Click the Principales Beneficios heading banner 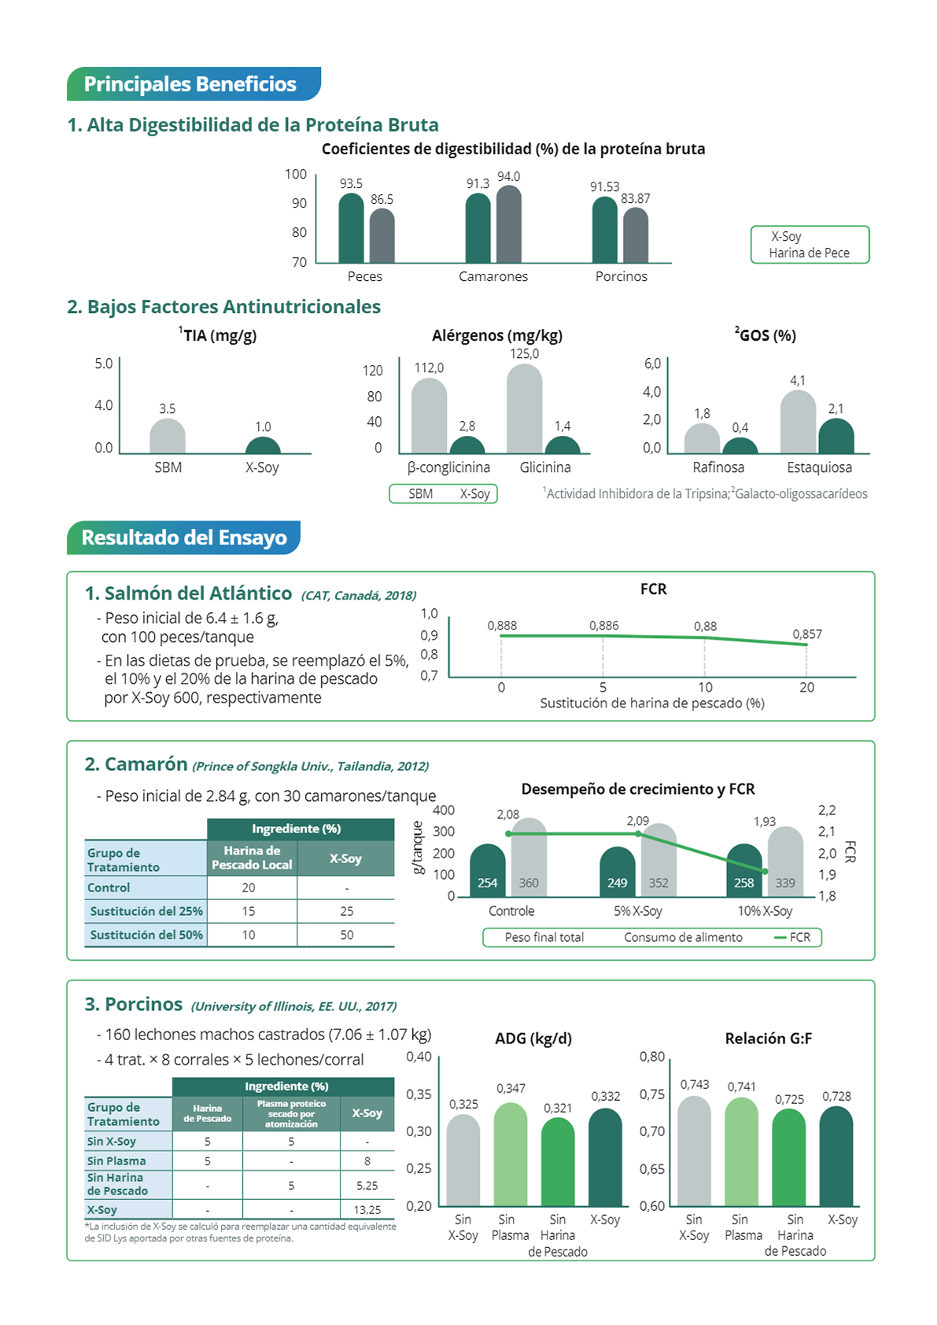[194, 83]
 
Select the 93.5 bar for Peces [351, 227]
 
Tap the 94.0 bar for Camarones [509, 223]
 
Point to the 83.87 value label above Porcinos [636, 199]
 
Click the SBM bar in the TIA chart [168, 436]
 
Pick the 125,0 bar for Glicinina [524, 408]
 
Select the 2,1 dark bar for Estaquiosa [836, 436]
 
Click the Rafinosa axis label [718, 467]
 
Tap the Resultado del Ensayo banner [183, 537]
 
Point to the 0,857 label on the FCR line [807, 634]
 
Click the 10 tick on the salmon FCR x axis [705, 688]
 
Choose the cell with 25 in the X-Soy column [347, 911]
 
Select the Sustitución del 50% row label [146, 935]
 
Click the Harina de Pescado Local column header [252, 858]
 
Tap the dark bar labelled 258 [743, 870]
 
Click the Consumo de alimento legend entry [683, 937]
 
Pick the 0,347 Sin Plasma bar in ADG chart [510, 1154]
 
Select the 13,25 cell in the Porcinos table [367, 1209]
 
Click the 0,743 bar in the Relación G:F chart [694, 1151]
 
